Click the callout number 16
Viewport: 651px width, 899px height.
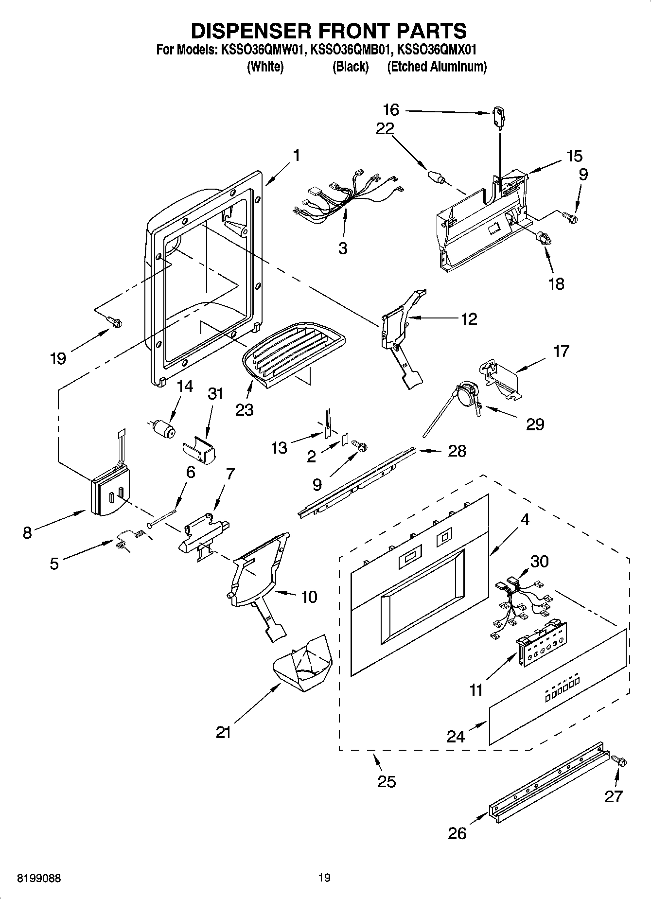(x=391, y=110)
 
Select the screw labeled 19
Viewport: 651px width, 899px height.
(x=115, y=321)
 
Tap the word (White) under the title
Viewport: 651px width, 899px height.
(x=265, y=67)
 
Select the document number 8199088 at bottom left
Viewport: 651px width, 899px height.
(x=39, y=878)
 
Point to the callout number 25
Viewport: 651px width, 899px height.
(x=387, y=781)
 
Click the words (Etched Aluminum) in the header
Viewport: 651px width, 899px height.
(x=437, y=67)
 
